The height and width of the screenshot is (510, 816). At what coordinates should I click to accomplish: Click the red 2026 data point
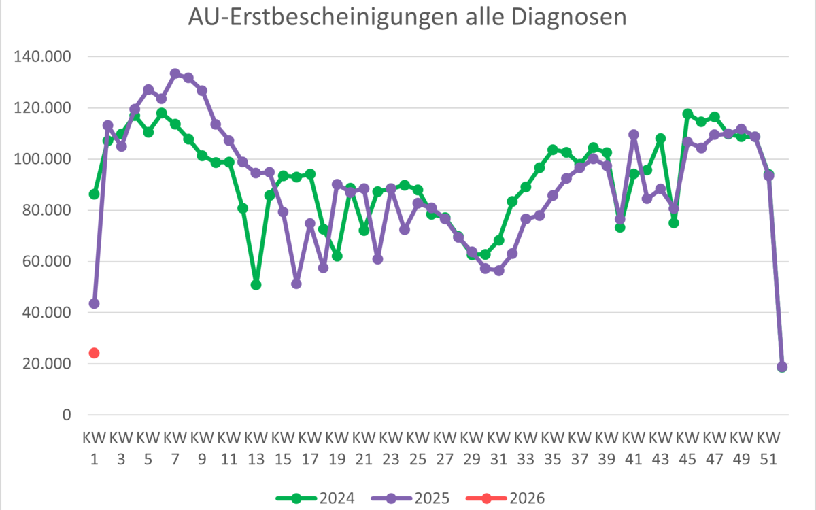coord(95,353)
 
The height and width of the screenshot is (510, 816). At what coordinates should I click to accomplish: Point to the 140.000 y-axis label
coord(43,56)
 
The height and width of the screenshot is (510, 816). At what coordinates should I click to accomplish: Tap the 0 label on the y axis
coord(67,415)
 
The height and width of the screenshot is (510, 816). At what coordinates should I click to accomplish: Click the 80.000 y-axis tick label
coord(46,210)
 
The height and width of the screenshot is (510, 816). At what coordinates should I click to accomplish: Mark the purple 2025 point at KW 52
coord(782,367)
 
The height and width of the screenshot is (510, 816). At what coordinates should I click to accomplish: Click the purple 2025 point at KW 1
coord(95,303)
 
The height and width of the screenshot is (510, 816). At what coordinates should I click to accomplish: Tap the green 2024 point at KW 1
coord(95,194)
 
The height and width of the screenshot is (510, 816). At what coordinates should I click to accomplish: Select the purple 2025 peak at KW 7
coord(175,73)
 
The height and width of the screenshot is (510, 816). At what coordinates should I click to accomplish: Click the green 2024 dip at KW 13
coord(256,285)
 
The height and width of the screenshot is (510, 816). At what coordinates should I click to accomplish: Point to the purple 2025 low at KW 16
coord(296,284)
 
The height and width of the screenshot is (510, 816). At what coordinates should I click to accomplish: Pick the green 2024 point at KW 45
coord(687,114)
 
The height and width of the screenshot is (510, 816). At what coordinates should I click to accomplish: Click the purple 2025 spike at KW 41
coord(634,135)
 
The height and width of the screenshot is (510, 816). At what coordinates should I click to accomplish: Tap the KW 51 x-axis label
coord(768,443)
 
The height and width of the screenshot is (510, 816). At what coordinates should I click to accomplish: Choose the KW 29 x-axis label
coord(472,443)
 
